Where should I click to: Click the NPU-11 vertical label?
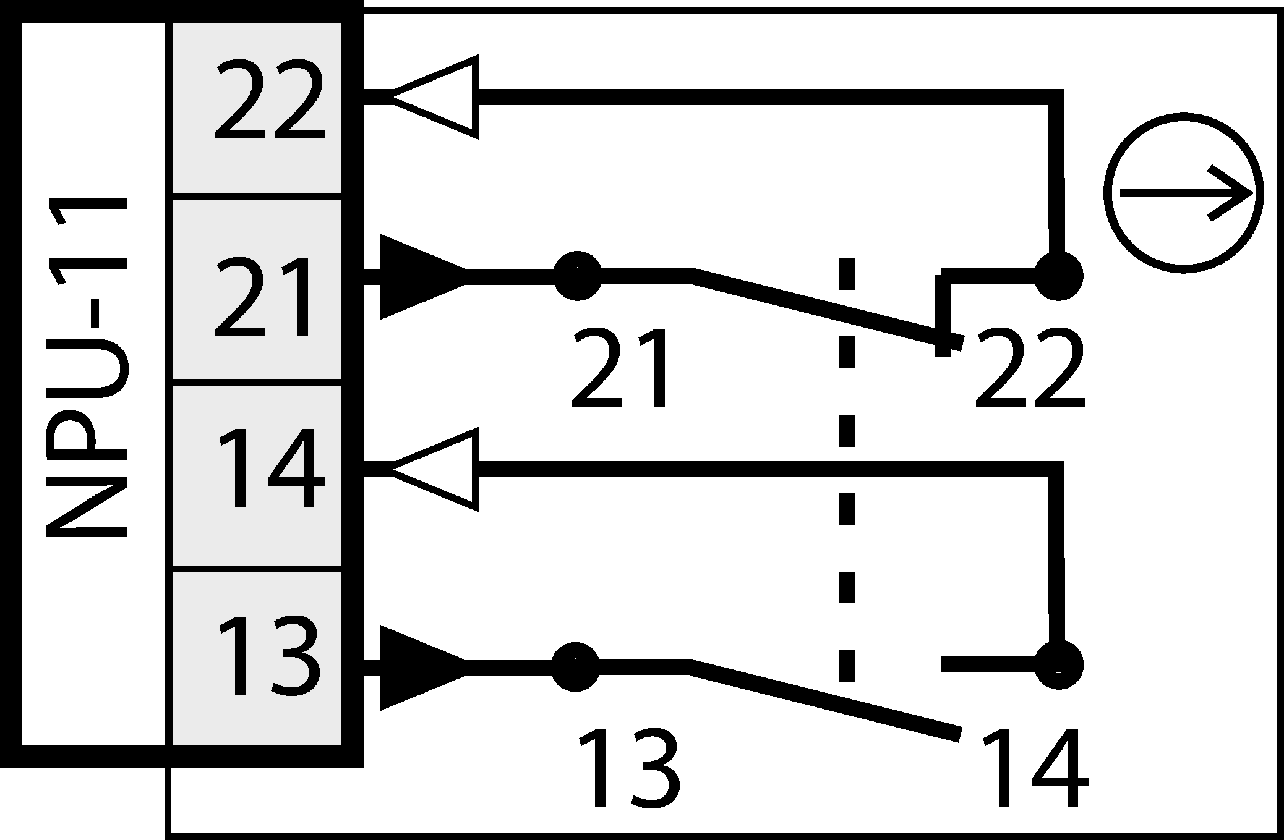coord(87,368)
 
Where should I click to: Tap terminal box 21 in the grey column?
coord(257,289)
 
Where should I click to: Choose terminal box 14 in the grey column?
coord(257,475)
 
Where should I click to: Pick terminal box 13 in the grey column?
coord(257,658)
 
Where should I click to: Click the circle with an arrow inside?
coord(1183,193)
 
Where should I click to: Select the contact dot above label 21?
coord(577,275)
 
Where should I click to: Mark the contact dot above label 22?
coord(1058,276)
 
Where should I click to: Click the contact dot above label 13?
coord(575,666)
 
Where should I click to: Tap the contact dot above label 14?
coord(1059,665)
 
